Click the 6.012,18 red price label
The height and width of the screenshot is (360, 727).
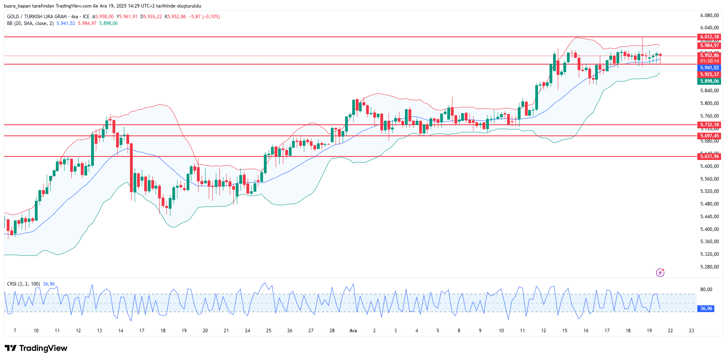[709, 37]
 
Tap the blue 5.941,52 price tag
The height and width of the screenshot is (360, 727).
[709, 68]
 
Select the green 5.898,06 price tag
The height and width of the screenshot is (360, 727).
[709, 81]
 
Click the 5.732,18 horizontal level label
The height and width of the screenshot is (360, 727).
[709, 125]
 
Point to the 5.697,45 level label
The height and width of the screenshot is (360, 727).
[709, 136]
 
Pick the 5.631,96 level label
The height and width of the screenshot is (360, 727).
[709, 156]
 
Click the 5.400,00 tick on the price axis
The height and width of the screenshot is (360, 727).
[709, 229]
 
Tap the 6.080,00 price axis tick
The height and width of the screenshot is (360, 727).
[709, 15]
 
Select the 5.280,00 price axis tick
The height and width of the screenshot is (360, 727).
[709, 267]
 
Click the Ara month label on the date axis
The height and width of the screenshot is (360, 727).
[353, 331]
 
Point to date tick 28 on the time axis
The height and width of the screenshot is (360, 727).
[332, 331]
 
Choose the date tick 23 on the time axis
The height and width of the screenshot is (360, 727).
[691, 331]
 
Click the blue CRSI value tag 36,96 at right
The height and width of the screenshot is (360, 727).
[706, 309]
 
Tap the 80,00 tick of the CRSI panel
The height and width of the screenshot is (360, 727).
[706, 290]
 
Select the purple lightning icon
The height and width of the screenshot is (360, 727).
[660, 272]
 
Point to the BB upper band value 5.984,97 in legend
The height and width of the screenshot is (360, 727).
[87, 23]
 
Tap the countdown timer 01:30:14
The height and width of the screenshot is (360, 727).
[709, 61]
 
